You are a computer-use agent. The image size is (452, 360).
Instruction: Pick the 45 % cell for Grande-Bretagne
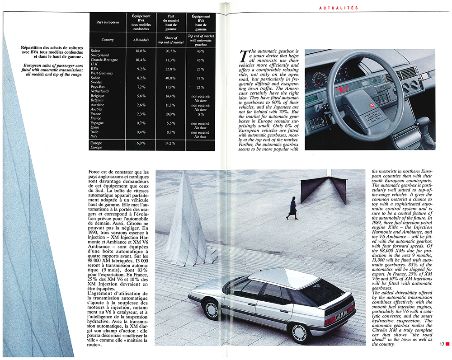200,60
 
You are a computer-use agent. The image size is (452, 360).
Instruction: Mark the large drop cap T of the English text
244,56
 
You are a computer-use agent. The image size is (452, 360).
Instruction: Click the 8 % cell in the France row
200,114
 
